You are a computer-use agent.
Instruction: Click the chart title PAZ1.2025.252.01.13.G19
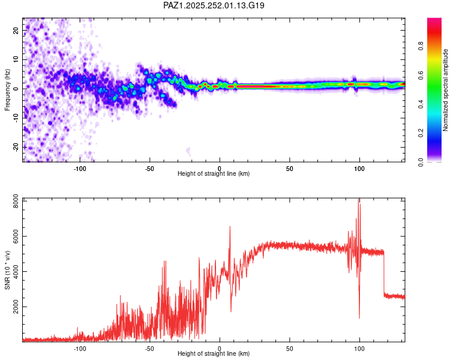pos(214,5)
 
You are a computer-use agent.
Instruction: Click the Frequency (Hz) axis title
pos(8,89)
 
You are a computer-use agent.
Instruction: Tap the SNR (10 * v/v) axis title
pos(8,273)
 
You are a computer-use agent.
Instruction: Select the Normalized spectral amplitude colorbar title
pos(445,89)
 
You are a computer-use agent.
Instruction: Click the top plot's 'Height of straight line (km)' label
pos(214,174)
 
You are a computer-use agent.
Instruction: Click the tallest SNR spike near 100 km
pos(359,200)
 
